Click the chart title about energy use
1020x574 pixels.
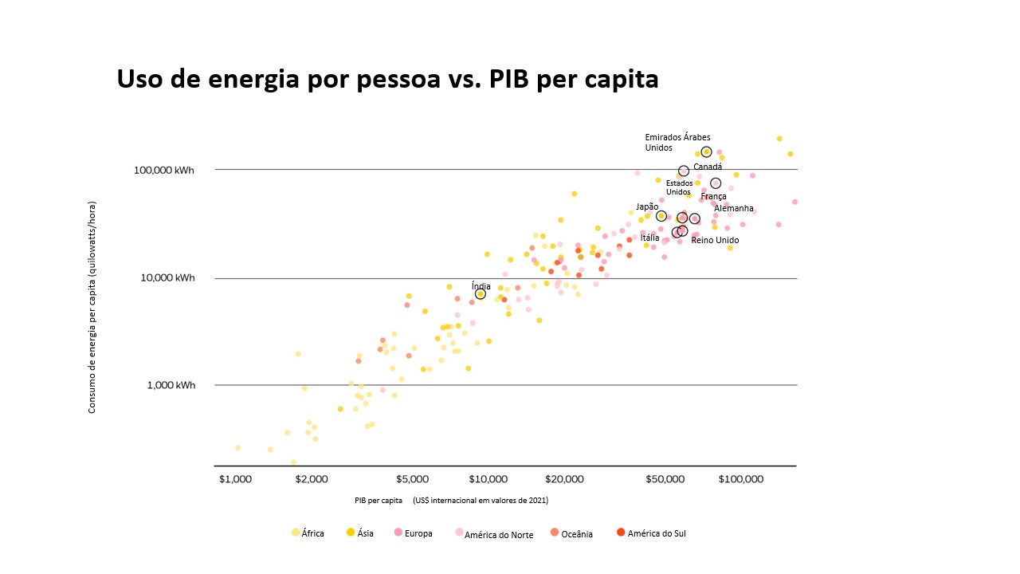click(387, 80)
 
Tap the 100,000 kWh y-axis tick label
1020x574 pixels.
click(165, 171)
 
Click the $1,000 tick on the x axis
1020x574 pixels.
click(235, 479)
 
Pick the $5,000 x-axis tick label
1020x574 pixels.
click(413, 479)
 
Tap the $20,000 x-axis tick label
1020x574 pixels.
click(564, 479)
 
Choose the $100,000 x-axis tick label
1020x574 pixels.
click(741, 479)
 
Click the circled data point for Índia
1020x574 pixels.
click(481, 294)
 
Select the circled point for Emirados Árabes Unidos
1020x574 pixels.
click(706, 151)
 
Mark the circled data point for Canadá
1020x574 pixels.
click(684, 171)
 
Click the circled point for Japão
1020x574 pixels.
click(661, 216)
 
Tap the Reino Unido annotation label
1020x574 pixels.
click(714, 240)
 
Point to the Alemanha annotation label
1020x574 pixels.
click(733, 208)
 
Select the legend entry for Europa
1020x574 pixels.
click(412, 533)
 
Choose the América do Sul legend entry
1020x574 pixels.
click(651, 533)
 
